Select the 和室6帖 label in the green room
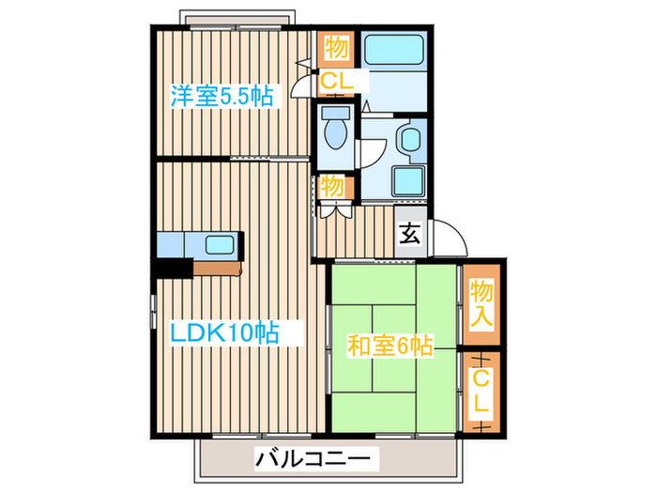click(390, 347)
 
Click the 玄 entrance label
click(411, 234)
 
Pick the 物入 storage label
click(481, 303)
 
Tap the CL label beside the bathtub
click(336, 82)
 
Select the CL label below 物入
click(480, 393)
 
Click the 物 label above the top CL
click(335, 45)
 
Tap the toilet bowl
click(334, 132)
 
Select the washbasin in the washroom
click(409, 139)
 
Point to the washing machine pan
click(407, 179)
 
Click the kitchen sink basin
click(222, 246)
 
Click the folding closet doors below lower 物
click(333, 208)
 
